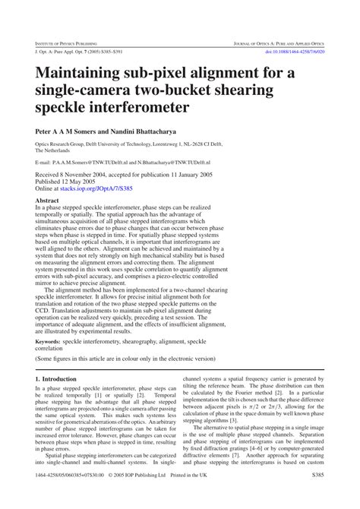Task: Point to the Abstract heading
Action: (47, 201)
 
